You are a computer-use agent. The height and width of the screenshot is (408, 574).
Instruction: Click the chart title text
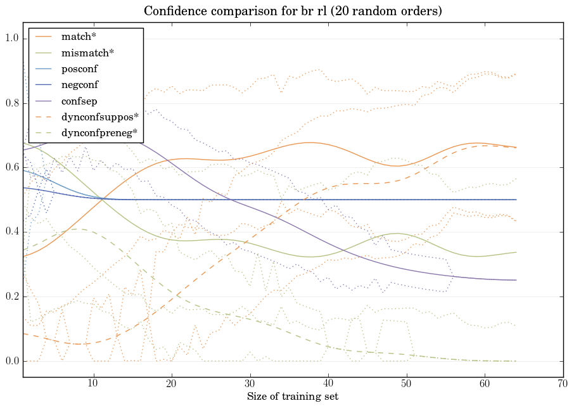tap(293, 11)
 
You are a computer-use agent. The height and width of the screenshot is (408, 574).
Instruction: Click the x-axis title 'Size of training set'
tap(292, 397)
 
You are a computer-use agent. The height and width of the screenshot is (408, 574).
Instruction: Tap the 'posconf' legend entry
tap(79, 68)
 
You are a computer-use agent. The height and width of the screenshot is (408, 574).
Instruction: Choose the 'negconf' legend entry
tap(80, 84)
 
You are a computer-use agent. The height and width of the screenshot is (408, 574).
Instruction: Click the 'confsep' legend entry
tap(79, 100)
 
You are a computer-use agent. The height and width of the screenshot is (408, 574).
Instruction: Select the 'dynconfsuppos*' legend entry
tap(99, 117)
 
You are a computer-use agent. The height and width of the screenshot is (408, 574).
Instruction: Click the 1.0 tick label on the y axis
tap(12, 39)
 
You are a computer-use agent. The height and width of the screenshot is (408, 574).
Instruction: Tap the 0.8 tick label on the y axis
tap(12, 103)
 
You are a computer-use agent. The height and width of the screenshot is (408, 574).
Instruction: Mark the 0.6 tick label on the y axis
tap(12, 168)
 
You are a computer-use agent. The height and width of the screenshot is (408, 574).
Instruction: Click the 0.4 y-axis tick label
tap(12, 233)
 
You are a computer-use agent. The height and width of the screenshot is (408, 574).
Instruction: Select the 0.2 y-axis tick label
tap(12, 297)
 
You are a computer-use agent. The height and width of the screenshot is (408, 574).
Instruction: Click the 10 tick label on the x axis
tap(93, 384)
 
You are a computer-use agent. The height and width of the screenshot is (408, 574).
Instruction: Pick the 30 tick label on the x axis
tap(250, 384)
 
